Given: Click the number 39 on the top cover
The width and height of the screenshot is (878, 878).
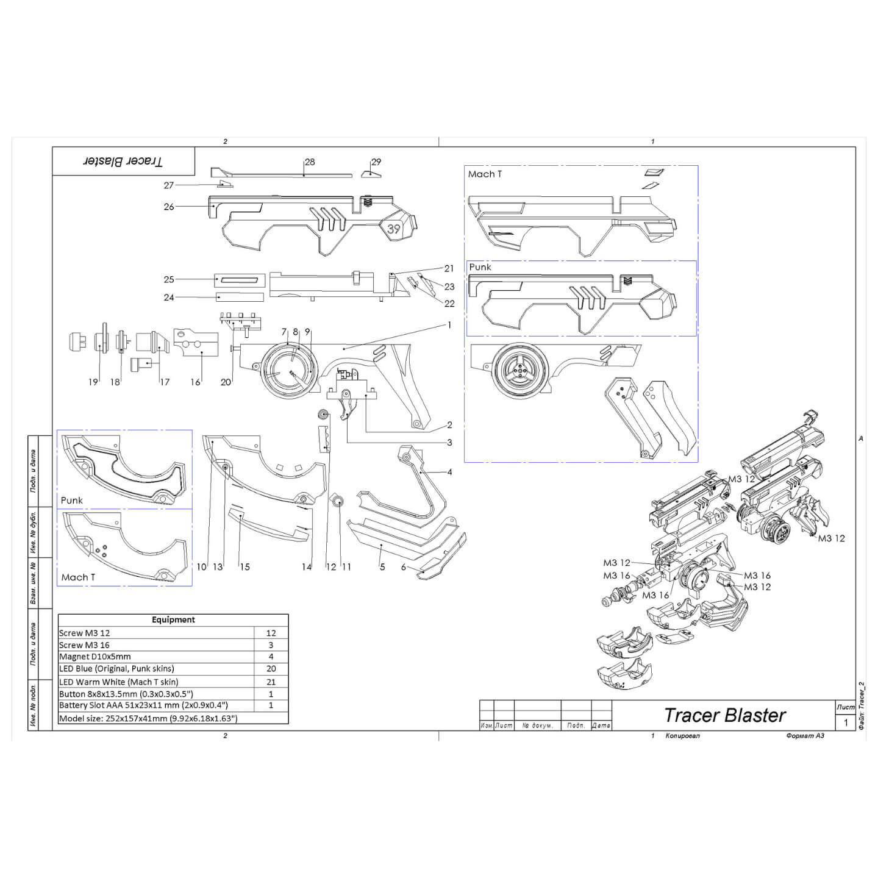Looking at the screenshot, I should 394,229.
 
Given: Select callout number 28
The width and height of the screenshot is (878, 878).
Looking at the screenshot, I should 310,162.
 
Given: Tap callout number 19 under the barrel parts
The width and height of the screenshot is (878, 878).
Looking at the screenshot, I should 93,382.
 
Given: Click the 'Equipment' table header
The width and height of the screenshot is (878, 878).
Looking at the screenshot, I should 173,619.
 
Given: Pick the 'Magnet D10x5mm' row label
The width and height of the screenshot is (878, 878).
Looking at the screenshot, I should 95,657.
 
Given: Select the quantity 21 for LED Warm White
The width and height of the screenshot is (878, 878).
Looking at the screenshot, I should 271,682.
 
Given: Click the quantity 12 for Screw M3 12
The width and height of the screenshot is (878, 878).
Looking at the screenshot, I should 271,633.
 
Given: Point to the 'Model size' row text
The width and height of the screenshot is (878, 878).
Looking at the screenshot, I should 148,718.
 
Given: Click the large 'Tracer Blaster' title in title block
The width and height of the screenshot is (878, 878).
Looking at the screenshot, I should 724,715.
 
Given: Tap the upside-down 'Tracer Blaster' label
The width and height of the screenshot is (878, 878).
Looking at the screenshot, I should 123,162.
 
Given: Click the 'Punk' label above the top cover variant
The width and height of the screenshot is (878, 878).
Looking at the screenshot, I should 480,267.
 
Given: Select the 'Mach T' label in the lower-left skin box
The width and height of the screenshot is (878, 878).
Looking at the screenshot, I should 78,577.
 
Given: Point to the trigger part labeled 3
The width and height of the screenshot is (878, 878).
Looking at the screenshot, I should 348,405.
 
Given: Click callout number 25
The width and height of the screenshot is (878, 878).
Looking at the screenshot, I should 169,279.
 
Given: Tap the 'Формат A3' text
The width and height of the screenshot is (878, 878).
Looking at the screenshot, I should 805,736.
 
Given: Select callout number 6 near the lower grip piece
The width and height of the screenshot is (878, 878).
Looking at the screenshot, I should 403,567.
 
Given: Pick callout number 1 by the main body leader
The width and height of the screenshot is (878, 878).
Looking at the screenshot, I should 449,325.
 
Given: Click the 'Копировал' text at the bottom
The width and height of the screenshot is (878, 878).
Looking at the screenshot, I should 682,736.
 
